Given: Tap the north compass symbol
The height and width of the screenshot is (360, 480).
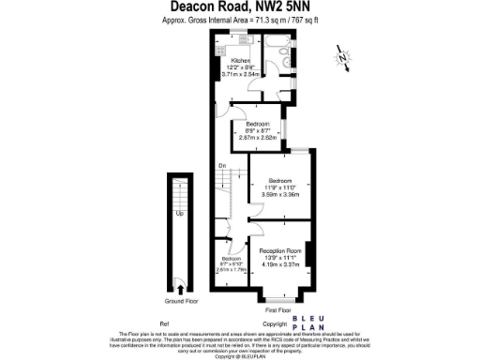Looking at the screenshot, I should (344, 60).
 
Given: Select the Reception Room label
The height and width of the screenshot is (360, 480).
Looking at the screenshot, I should (282, 250).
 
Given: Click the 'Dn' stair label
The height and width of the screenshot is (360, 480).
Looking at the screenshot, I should (221, 167).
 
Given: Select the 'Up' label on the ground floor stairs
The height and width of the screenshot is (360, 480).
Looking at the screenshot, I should (179, 213).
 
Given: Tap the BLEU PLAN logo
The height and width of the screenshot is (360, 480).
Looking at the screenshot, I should (308, 322).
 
